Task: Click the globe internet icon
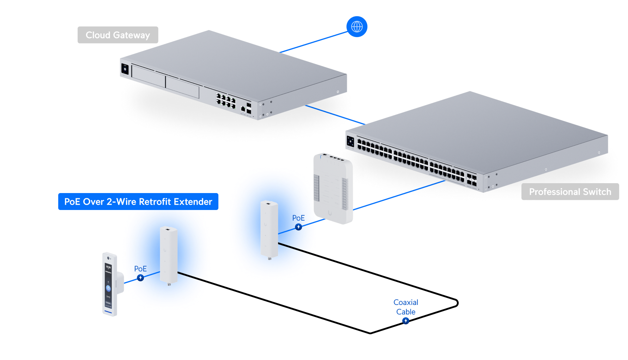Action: (357, 26)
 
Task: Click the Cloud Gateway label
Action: (118, 35)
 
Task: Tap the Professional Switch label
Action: (570, 192)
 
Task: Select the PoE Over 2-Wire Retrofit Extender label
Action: (138, 202)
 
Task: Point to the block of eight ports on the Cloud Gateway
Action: (226, 101)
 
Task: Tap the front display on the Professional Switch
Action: (350, 142)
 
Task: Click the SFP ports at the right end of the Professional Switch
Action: (471, 180)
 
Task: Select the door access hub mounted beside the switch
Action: (333, 189)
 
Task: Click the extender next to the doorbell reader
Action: (168, 255)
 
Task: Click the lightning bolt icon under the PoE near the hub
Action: (298, 227)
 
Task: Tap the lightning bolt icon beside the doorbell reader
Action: (140, 278)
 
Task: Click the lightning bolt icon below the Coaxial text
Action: (406, 320)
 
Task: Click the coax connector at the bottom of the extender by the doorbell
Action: (169, 284)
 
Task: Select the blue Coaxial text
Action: (406, 306)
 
